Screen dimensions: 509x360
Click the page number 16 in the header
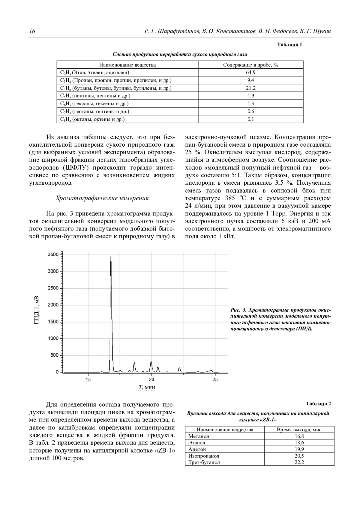pos(32,31)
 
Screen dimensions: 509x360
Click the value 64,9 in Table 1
pos(250,72)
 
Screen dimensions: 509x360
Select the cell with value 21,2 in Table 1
pos(250,88)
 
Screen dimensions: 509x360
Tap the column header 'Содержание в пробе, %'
pos(250,65)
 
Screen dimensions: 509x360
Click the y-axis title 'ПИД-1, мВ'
pos(36,310)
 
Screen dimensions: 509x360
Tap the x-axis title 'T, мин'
pos(146,387)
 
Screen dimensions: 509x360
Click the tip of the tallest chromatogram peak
pos(111,257)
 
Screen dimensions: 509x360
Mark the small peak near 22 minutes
pos(179,368)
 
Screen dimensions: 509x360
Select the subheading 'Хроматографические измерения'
pos(102,198)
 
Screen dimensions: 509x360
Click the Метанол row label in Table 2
pos(199,436)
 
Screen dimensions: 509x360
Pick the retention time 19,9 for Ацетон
pos(299,449)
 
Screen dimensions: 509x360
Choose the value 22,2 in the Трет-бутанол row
pos(299,462)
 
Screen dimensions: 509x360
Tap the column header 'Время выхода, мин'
pos(299,430)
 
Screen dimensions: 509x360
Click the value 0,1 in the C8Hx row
pos(250,119)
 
